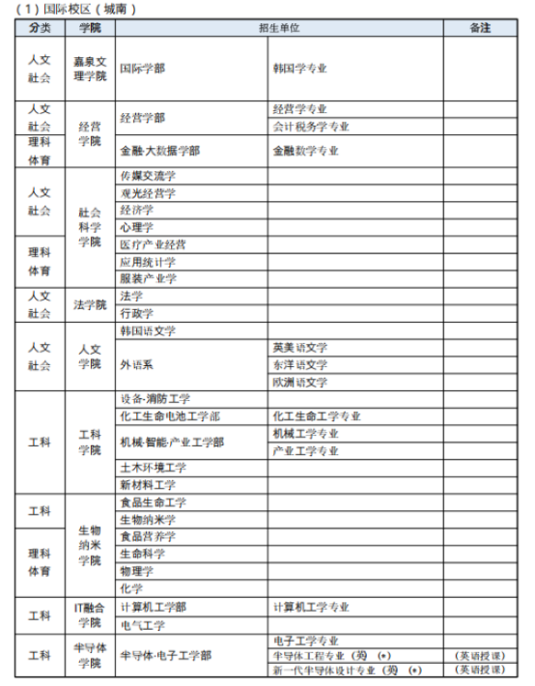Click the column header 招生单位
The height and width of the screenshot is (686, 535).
(279, 28)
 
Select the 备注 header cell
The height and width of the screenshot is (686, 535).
(480, 28)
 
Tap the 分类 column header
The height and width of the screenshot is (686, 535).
(40, 28)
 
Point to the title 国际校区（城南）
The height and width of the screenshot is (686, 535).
(72, 9)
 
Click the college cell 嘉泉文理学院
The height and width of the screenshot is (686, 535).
(90, 69)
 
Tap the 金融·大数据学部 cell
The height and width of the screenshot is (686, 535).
(160, 151)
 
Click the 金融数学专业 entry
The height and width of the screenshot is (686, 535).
(305, 151)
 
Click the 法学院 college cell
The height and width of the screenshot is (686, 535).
(90, 304)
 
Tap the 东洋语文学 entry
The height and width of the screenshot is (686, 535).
(300, 364)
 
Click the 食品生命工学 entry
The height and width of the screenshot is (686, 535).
(153, 502)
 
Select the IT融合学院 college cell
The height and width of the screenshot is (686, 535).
(90, 615)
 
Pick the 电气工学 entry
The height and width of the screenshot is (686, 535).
(142, 624)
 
